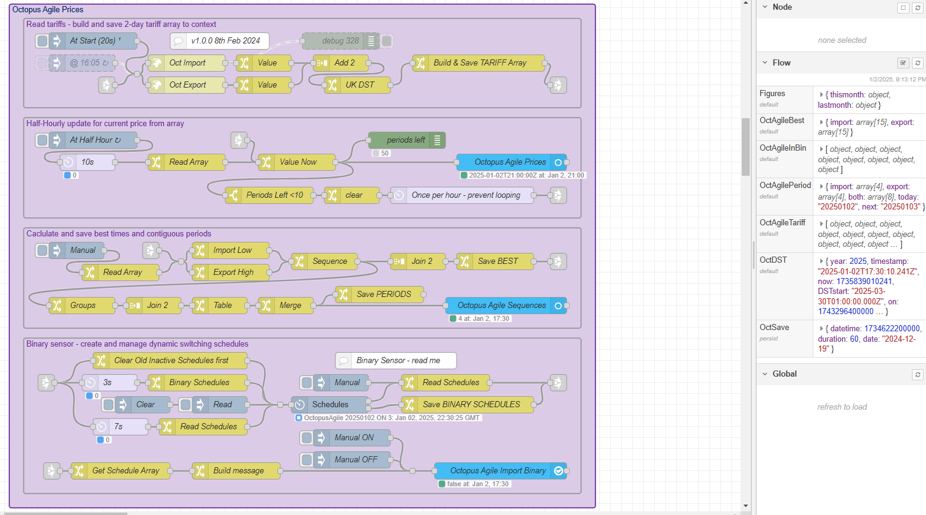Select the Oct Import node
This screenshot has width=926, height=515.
click(187, 63)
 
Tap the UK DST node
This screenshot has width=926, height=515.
click(359, 85)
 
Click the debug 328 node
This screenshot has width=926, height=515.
click(340, 41)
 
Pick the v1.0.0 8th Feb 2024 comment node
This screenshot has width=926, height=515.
click(225, 41)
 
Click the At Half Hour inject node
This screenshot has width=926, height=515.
click(95, 140)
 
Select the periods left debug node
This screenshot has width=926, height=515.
click(405, 140)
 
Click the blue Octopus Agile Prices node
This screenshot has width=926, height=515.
click(510, 162)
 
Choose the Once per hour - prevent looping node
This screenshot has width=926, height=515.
click(466, 195)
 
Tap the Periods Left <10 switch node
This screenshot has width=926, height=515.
click(274, 195)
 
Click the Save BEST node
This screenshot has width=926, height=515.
click(498, 261)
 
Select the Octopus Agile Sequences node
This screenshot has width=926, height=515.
click(501, 306)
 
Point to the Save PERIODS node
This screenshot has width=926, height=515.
click(383, 295)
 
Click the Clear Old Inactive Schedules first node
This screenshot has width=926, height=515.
click(171, 361)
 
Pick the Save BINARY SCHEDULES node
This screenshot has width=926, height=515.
click(471, 405)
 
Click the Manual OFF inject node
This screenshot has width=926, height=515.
click(355, 460)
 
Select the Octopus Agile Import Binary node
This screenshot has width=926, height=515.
click(498, 471)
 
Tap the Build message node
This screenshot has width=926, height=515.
click(238, 471)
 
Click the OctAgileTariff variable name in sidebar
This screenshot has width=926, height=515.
click(782, 223)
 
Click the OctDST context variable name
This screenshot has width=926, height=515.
click(773, 260)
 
